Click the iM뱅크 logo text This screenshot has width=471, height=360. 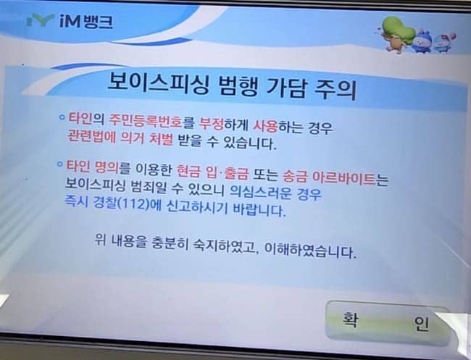[86, 21]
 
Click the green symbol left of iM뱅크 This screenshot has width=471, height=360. [40, 20]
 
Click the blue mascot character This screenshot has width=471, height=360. [422, 41]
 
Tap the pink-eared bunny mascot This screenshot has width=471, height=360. [444, 43]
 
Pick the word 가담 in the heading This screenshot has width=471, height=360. [285, 88]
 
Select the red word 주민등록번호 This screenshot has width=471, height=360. [146, 121]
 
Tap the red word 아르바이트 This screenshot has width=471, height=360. [344, 178]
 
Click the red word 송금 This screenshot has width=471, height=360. [294, 177]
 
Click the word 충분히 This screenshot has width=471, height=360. [170, 243]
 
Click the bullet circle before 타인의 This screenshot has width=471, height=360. [62, 117]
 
